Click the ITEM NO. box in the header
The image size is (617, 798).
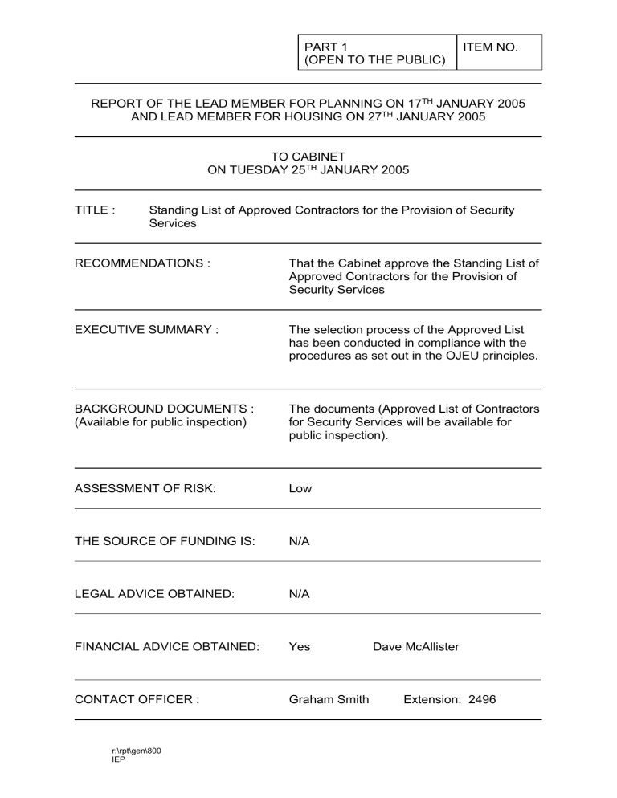499,51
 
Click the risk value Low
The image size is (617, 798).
300,488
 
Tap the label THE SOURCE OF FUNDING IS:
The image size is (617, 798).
164,541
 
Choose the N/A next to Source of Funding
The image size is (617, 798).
299,541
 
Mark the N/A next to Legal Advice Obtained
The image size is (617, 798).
299,594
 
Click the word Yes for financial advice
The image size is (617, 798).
299,647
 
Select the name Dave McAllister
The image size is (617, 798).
416,647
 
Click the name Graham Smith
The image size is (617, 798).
329,699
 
